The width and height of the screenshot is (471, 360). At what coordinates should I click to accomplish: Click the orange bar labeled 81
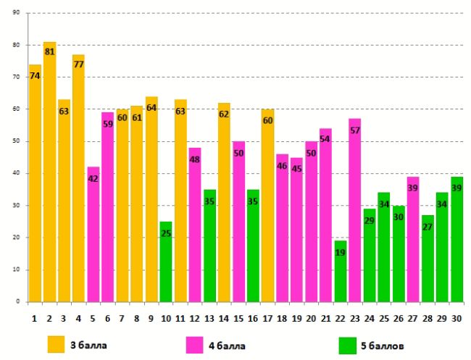click(49, 174)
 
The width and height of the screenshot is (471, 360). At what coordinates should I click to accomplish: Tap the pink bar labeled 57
click(355, 210)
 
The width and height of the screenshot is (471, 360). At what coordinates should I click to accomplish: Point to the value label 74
click(35, 76)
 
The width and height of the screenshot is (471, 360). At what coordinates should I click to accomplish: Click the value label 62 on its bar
click(224, 114)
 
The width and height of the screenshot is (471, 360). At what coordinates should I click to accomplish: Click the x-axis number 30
click(457, 317)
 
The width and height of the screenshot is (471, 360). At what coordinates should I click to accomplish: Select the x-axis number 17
click(267, 317)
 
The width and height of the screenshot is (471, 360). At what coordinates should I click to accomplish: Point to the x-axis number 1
click(35, 317)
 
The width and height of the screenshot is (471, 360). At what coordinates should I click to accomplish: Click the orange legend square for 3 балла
click(57, 343)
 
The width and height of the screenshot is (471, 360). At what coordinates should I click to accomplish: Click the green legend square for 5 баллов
click(348, 344)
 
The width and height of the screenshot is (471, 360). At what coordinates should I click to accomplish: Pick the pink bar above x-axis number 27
click(413, 239)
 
